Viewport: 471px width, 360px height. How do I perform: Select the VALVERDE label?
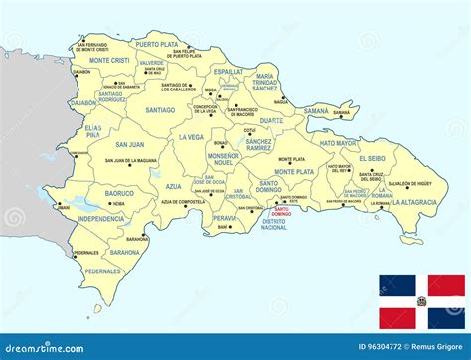pos(152,63)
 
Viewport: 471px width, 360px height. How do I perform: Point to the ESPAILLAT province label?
pos(229,72)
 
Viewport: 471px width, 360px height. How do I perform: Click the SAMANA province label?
pos(317,111)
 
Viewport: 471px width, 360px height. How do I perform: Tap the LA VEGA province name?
pos(191,136)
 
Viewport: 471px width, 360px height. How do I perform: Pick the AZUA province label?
pos(173,186)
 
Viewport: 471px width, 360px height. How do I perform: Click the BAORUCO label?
pos(119,193)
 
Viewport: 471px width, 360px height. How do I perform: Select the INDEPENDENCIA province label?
pos(101,218)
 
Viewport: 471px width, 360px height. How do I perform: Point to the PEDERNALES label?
pos(102,270)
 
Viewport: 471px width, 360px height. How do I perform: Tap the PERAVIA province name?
pos(225,217)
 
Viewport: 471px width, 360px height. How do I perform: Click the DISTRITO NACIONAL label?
pos(273,224)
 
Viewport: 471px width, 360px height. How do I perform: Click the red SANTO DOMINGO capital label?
pos(281,211)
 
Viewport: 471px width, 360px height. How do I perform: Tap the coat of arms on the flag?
pos(422,302)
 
